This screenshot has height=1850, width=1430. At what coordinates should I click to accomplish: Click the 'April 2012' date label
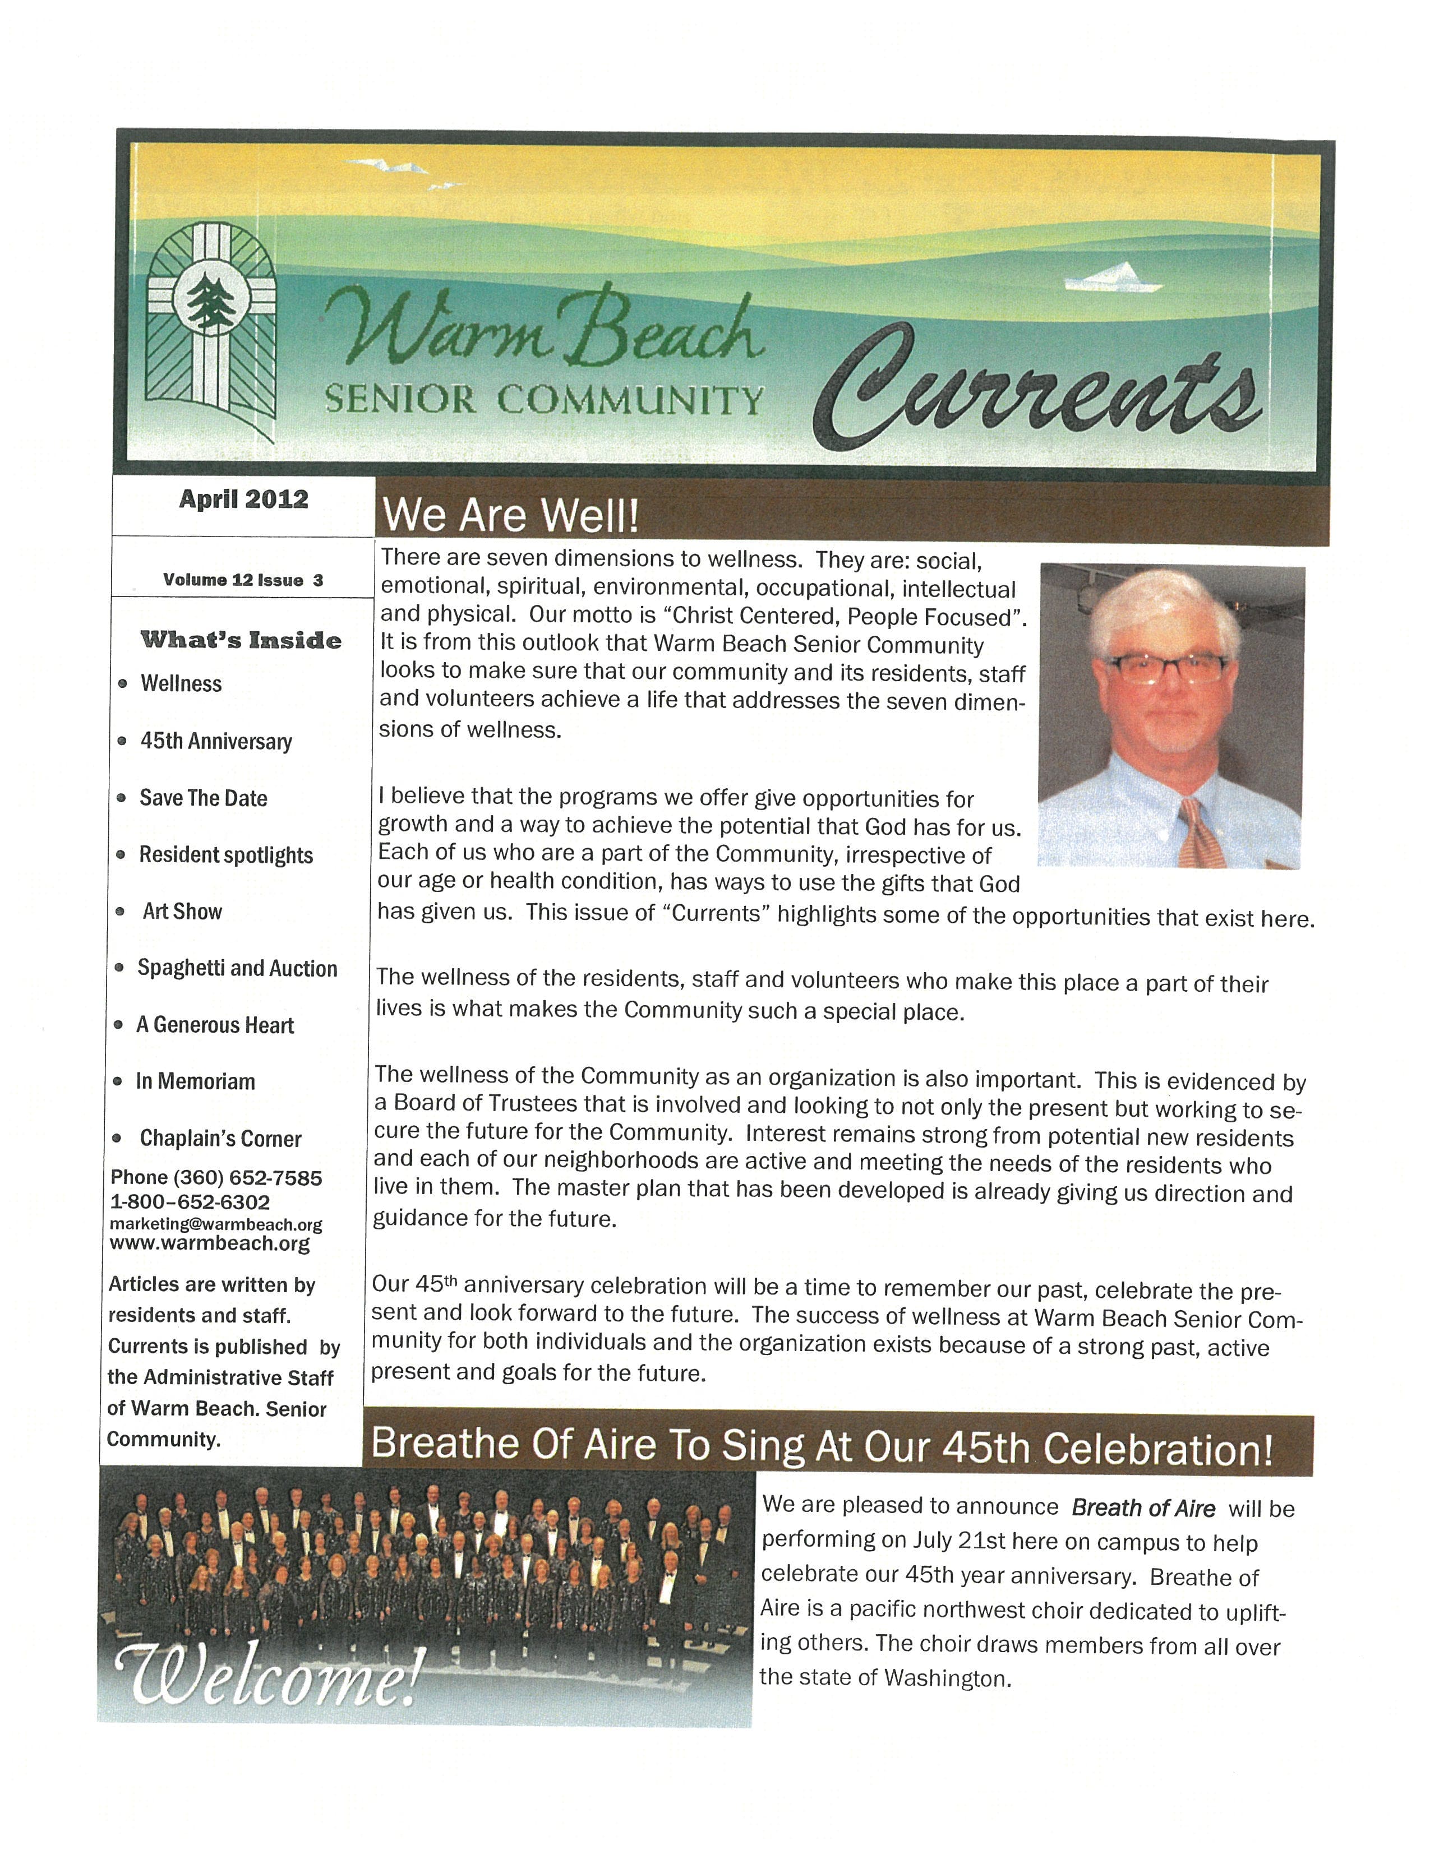point(243,499)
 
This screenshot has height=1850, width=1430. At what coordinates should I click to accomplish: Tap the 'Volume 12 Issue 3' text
point(243,580)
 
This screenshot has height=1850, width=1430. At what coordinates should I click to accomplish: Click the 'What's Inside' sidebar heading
point(242,640)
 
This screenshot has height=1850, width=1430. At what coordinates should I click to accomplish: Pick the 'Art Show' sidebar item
point(182,912)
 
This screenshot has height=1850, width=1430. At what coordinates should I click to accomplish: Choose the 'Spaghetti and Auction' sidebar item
point(237,968)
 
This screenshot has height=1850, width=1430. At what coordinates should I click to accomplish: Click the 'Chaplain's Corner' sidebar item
point(220,1139)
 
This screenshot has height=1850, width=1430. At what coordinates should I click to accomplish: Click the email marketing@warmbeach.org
point(216,1225)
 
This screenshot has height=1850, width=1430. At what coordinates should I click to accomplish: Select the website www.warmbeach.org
point(210,1243)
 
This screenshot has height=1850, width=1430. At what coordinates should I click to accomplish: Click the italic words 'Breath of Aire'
point(1143,1508)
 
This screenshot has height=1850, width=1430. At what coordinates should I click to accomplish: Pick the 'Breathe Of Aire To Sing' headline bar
point(822,1447)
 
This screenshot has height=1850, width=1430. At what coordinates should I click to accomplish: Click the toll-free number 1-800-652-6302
point(191,1202)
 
